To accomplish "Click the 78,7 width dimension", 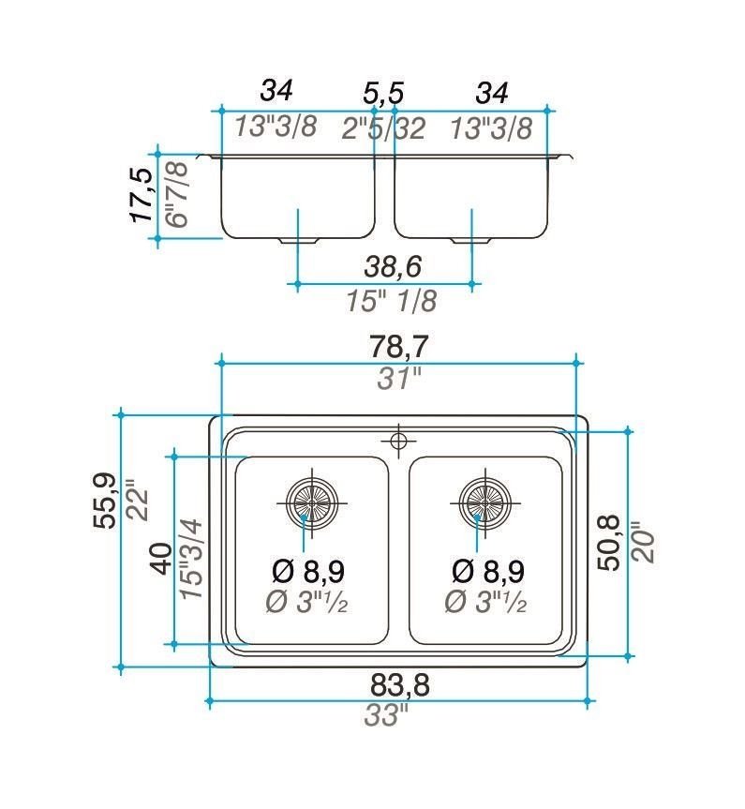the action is pos(398,346).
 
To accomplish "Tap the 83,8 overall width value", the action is pos(400,685).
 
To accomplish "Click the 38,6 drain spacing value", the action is pos(394,266).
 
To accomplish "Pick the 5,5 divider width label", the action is pos(383,94).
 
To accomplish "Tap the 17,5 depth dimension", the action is pos(142,196).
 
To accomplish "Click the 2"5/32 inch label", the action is pos(383,128).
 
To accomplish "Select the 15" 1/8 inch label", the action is pos(392,300).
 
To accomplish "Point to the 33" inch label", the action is pos(386,715).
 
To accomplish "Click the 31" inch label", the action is pos(399,379).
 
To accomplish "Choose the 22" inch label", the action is pos(138,500).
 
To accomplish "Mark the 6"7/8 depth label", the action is pos(177,194).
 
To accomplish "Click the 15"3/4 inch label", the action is pos(192,559).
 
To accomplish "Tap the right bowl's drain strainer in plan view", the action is pos(485,502).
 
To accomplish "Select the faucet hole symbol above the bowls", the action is pos(399,441).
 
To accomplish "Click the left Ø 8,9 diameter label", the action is pos(308,571).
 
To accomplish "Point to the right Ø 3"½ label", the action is pos(485,602).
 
